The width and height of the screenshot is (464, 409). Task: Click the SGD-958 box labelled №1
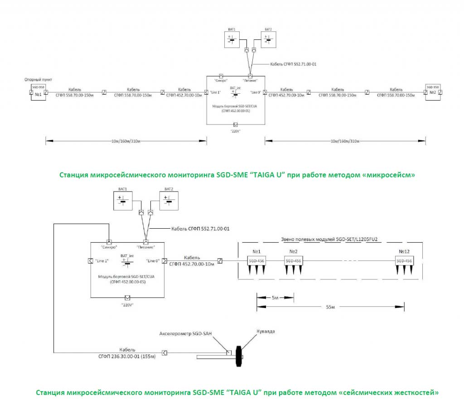pos(38,92)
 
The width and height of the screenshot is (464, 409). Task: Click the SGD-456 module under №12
pos(404,261)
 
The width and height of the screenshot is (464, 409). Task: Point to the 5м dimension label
pos(275,298)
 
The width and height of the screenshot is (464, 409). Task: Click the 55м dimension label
pos(330,307)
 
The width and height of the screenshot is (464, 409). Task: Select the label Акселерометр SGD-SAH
pos(185,334)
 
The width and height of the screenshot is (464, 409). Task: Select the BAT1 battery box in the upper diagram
pos(232,39)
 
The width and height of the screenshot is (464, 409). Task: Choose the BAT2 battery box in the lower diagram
pos(169,200)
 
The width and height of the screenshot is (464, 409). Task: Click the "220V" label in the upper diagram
pos(235,131)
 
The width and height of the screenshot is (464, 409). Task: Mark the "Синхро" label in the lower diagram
pos(109,248)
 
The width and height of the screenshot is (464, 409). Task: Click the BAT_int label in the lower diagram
pos(127,256)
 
